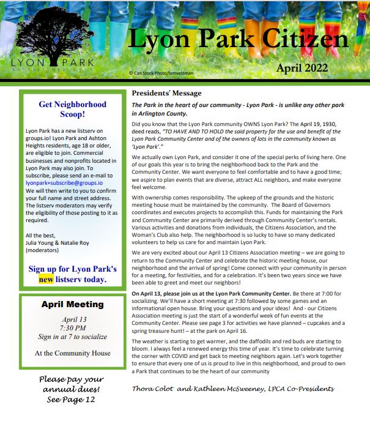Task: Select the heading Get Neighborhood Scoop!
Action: click(x=72, y=109)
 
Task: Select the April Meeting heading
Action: click(x=72, y=304)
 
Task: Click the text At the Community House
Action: click(x=72, y=352)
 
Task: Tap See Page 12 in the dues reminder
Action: click(x=72, y=400)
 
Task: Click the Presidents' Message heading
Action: click(x=166, y=93)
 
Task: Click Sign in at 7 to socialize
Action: click(x=72, y=337)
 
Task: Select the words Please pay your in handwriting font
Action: click(x=72, y=379)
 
